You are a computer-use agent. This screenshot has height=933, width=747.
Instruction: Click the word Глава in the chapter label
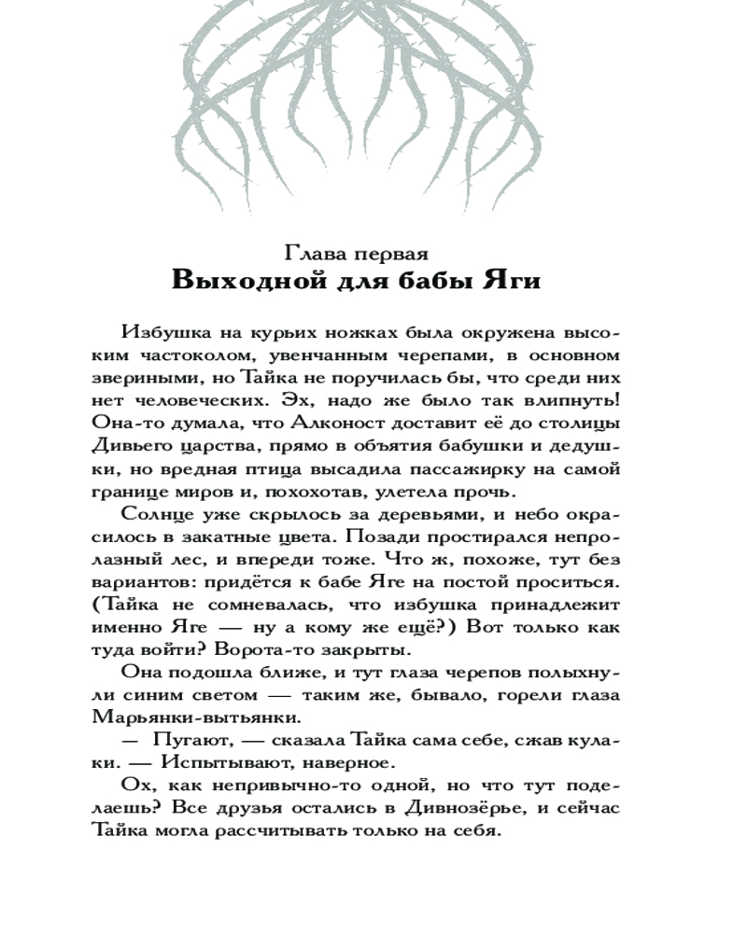tap(315, 253)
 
